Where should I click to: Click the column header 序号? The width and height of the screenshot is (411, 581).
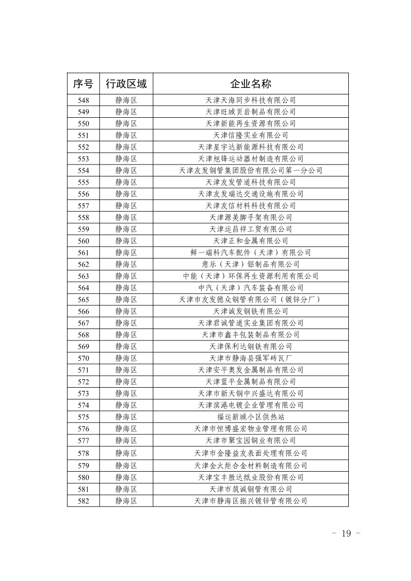pyautogui.click(x=83, y=83)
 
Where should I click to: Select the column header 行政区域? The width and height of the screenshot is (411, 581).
pyautogui.click(x=126, y=83)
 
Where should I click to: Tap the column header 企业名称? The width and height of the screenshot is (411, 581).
pyautogui.click(x=250, y=83)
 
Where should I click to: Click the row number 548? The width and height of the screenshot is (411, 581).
pyautogui.click(x=83, y=100)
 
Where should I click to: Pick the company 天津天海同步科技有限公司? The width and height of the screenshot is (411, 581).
pyautogui.click(x=250, y=100)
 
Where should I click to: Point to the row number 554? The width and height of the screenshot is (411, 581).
pyautogui.click(x=83, y=170)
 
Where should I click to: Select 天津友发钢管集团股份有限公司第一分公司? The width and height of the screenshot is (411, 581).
pyautogui.click(x=250, y=170)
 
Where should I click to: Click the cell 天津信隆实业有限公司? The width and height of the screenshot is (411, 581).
pyautogui.click(x=250, y=135)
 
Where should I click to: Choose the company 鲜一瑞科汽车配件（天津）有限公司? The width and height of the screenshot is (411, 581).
pyautogui.click(x=250, y=252)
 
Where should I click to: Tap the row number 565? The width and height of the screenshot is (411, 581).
pyautogui.click(x=83, y=299)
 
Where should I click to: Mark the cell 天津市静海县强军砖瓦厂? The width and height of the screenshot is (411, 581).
pyautogui.click(x=250, y=358)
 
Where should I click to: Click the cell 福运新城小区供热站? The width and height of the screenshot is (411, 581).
pyautogui.click(x=250, y=417)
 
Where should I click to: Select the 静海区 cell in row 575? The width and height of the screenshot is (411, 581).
pyautogui.click(x=126, y=417)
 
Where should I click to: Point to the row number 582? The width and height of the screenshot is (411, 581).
pyautogui.click(x=83, y=500)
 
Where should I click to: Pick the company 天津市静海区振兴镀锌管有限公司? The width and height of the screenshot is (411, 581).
pyautogui.click(x=250, y=500)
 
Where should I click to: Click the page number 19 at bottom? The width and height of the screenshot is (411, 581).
pyautogui.click(x=346, y=533)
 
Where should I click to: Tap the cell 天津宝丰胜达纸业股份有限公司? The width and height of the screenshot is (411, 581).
pyautogui.click(x=250, y=477)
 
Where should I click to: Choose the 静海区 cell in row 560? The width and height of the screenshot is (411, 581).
pyautogui.click(x=126, y=241)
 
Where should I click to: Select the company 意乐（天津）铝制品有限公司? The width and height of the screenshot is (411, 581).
pyautogui.click(x=250, y=264)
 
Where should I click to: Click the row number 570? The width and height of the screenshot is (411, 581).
pyautogui.click(x=83, y=358)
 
